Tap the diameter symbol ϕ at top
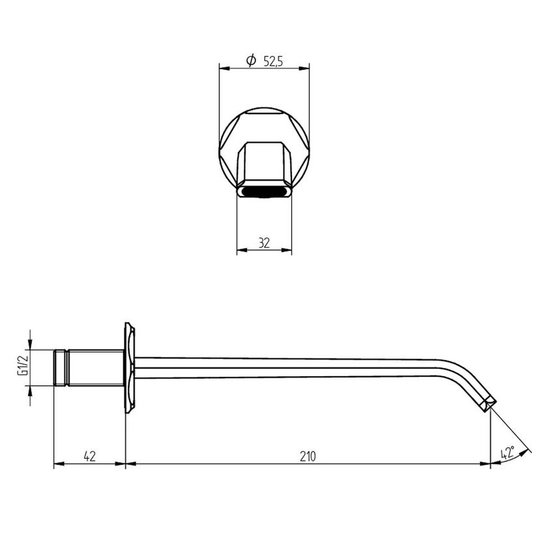251,61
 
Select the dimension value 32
264,243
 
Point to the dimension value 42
89,456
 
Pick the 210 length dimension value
308,456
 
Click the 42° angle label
508,453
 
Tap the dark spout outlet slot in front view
264,192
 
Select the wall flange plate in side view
130,368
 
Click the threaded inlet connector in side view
95,368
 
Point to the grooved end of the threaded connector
61,368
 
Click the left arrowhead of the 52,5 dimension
223,66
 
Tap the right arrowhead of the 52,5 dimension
305,66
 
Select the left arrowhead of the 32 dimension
241,249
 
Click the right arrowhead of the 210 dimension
486,464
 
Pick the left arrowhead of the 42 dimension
57,464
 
